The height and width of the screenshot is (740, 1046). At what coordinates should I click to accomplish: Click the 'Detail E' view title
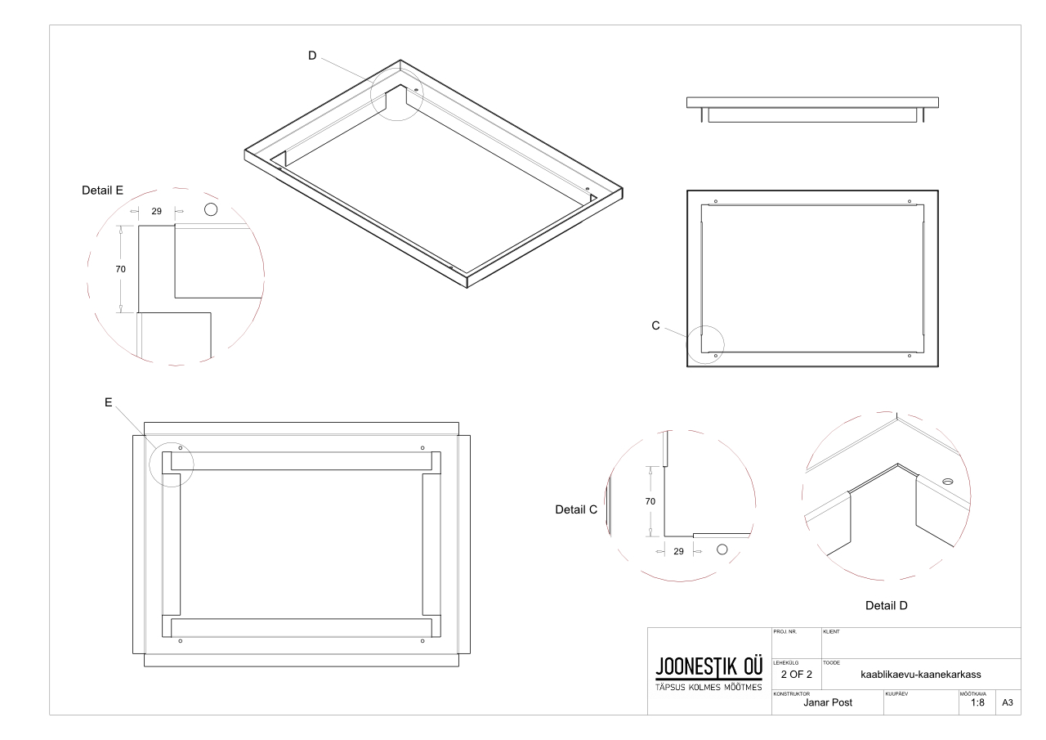click(x=102, y=191)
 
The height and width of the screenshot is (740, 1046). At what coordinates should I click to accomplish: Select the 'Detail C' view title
click(x=576, y=509)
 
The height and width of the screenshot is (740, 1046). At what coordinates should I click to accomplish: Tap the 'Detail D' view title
click(x=887, y=605)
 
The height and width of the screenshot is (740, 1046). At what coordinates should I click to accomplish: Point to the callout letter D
click(x=312, y=56)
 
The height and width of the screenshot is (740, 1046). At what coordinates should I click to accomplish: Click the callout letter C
click(x=655, y=325)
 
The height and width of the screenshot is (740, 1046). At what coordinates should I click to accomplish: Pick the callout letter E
click(x=109, y=402)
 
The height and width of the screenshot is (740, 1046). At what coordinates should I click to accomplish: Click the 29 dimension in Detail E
click(x=156, y=211)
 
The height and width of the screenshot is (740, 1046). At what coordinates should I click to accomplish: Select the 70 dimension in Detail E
click(x=120, y=269)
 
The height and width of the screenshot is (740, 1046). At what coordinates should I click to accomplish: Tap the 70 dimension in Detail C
click(x=650, y=501)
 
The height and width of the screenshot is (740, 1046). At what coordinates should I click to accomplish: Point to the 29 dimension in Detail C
click(x=678, y=551)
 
